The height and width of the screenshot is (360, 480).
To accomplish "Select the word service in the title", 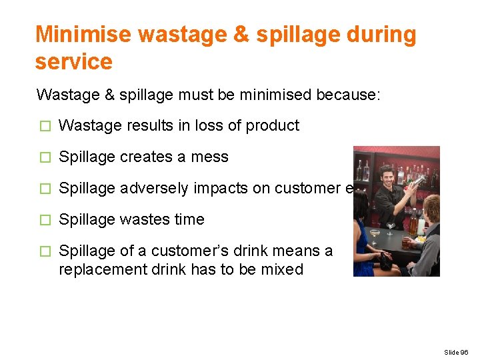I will point(74,62).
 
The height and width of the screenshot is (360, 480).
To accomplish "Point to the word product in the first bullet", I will point(273,126).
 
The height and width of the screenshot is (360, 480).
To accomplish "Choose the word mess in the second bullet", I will point(211,157).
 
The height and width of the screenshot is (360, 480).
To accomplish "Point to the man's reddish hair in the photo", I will point(431,203).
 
